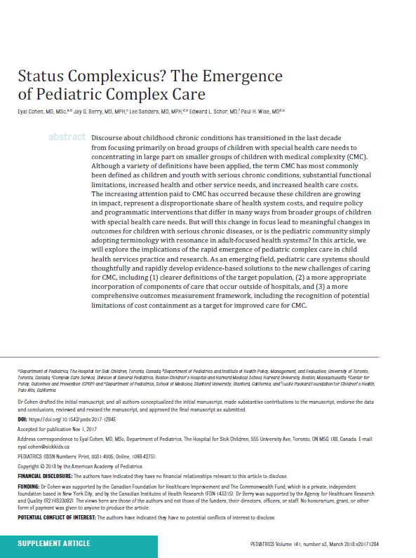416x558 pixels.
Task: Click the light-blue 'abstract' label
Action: pos(67,137)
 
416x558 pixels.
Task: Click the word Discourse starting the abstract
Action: pos(111,137)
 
